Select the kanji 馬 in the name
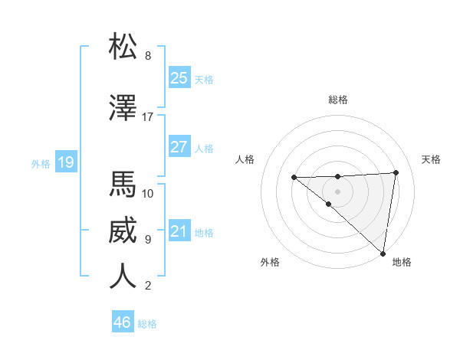[x=123, y=184]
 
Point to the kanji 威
[x=123, y=230]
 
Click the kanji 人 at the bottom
[x=123, y=276]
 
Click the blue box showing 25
[x=179, y=78]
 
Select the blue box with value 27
[x=179, y=147]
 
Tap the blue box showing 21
[x=179, y=231]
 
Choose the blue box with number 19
[x=65, y=162]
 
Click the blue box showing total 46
[x=123, y=322]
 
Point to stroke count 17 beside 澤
[x=148, y=117]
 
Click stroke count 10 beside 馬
[x=148, y=193]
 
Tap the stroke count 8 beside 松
[x=148, y=56]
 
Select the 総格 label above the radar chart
[x=337, y=100]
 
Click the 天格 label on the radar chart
[x=431, y=159]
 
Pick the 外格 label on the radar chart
[x=270, y=262]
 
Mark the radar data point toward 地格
[x=383, y=254]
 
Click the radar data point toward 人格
[x=294, y=178]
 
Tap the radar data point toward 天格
[x=396, y=172]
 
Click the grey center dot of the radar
[x=337, y=191]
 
